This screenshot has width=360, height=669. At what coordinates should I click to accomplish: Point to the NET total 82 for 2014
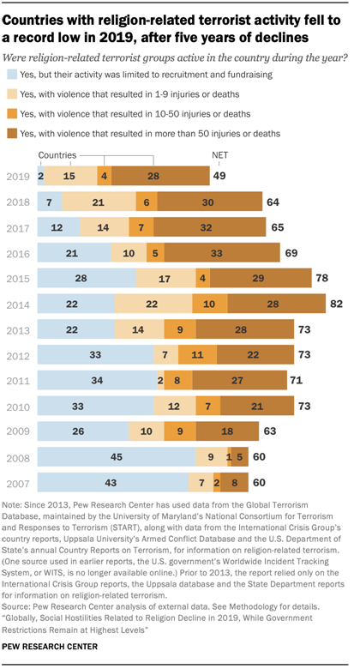tap(338, 304)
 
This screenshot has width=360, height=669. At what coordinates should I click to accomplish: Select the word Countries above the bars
tap(57, 155)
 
